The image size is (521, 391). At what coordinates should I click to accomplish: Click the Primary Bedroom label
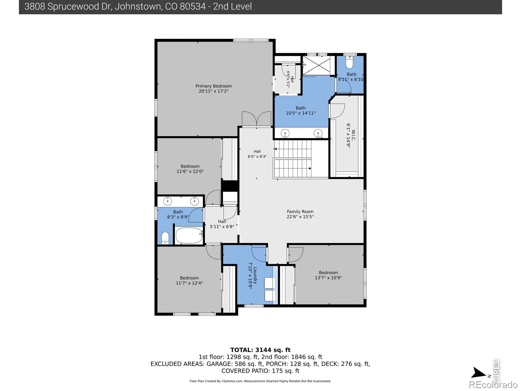tap(213, 86)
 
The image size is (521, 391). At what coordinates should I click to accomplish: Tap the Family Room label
tap(300, 211)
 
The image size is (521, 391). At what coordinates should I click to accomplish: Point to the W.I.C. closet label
tap(353, 135)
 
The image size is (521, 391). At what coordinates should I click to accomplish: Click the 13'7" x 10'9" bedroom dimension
tap(328, 278)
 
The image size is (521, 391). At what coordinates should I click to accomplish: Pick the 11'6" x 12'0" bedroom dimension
tap(190, 171)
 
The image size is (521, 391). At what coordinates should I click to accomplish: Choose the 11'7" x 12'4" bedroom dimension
tap(189, 283)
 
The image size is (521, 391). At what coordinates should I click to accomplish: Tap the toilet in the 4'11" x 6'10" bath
tap(349, 63)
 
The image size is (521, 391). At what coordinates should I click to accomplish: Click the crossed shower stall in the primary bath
tap(317, 65)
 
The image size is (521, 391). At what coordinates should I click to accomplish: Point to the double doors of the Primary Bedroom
tap(256, 119)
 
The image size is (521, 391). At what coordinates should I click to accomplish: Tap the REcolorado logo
tap(493, 384)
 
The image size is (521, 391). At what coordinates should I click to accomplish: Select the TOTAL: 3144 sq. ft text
tap(260, 350)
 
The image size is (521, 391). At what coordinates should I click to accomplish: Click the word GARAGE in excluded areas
tap(219, 364)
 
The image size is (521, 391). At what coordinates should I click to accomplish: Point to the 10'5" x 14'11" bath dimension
tap(301, 113)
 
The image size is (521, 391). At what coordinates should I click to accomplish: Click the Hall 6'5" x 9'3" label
tap(257, 154)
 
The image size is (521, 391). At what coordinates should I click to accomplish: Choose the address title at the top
tap(138, 7)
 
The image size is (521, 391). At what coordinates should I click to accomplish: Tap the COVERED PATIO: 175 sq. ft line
tap(260, 371)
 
